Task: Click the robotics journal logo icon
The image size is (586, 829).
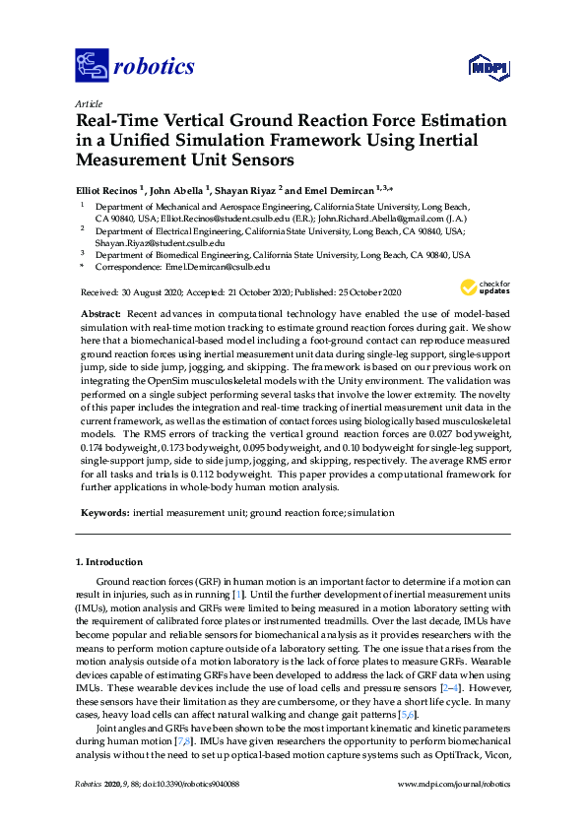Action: tap(92, 66)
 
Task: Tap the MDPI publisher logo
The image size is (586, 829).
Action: tap(486, 67)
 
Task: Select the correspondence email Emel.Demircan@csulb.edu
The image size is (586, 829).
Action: tap(217, 266)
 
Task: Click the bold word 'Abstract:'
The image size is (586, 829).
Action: tap(100, 311)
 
